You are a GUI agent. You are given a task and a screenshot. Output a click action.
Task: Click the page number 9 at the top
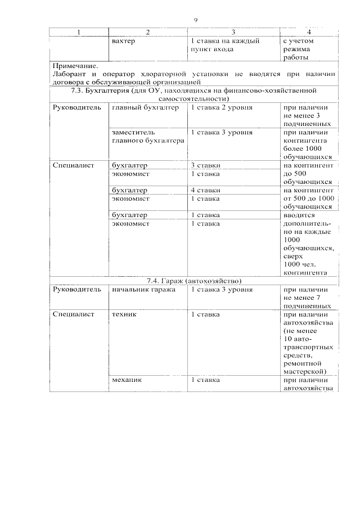coord(195,20)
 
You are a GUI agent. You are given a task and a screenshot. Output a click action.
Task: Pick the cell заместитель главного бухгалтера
coord(147,137)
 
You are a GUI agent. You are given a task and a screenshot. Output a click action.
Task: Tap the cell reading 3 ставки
coord(205,165)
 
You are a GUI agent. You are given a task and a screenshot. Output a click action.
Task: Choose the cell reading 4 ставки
coord(205,190)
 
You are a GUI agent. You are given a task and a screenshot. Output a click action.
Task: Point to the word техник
coord(124,314)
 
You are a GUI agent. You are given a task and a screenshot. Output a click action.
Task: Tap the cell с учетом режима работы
coord(301,49)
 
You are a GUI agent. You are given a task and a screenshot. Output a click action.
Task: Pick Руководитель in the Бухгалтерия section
coord(77,107)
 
